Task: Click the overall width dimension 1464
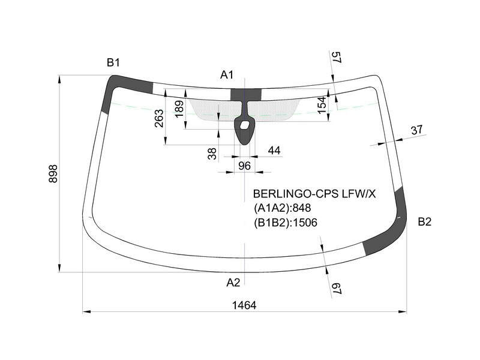tap(244, 305)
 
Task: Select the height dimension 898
tap(53, 173)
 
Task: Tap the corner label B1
tap(113, 62)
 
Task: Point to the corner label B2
tap(425, 221)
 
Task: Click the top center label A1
tap(227, 74)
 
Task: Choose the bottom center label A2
tap(233, 283)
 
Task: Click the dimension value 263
tap(159, 118)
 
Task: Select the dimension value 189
tap(179, 109)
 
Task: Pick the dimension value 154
tap(322, 105)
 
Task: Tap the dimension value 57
tap(337, 57)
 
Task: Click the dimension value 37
tap(416, 130)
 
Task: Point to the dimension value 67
tap(337, 289)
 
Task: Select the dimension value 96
tap(244, 166)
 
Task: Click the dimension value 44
tap(274, 151)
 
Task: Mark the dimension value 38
tap(212, 154)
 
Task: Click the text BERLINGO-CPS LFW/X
tap(314, 194)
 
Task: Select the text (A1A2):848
tap(282, 208)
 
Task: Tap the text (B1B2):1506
tap(286, 223)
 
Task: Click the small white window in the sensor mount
tap(245, 125)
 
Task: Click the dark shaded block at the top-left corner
tap(122, 87)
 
